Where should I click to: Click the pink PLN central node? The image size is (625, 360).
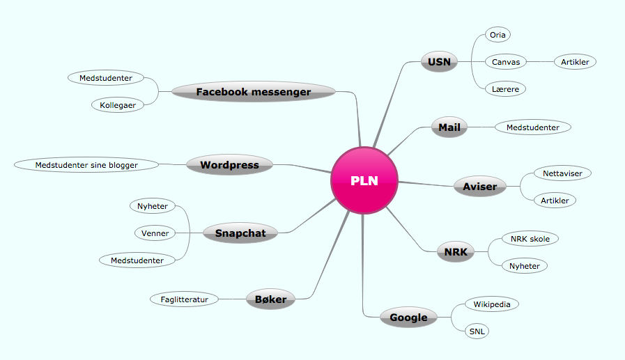point(364,180)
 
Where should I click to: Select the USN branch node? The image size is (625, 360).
point(439,62)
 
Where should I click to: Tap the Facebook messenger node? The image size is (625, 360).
point(254,92)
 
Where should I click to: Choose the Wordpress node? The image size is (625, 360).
point(230,165)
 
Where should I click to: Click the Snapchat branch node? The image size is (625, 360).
point(240,233)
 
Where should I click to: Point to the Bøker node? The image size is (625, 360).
point(270,299)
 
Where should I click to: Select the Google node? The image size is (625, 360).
point(408,318)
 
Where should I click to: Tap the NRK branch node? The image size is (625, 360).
point(456,252)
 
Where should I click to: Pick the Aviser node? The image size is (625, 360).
point(480,187)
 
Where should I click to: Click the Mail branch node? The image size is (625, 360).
point(449,127)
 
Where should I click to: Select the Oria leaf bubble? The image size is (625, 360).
point(498,35)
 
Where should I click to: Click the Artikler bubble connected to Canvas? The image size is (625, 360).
point(575,62)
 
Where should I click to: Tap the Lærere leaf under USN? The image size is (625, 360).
point(505,89)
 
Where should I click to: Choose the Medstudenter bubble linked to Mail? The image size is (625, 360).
point(533,127)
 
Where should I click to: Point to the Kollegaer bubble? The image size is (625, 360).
point(118,105)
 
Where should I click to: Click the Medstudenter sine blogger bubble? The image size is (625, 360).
point(86,165)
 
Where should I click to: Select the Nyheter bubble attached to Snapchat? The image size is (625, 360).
point(153,206)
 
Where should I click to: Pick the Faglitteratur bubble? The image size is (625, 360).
point(185,299)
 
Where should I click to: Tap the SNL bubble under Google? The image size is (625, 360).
point(477,331)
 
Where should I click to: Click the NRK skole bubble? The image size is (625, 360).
point(530,239)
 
